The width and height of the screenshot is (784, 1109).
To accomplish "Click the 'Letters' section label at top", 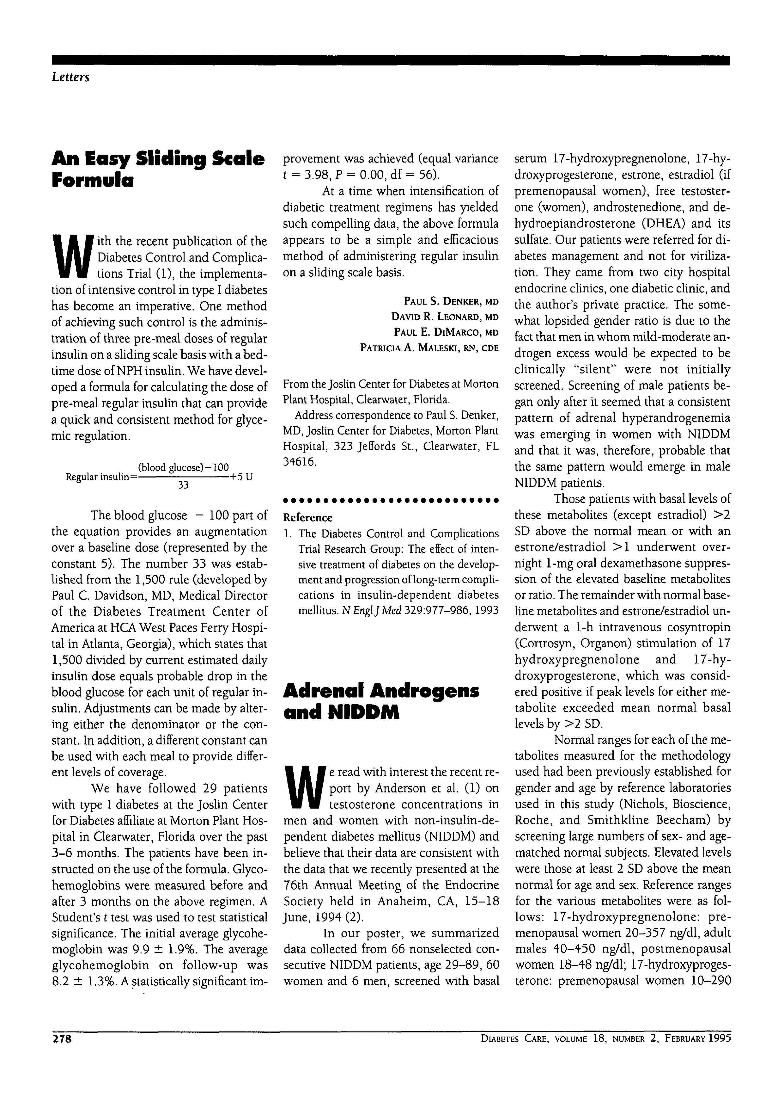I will pyautogui.click(x=70, y=77).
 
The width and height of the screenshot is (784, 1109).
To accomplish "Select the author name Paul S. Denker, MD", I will pyautogui.click(x=450, y=302).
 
